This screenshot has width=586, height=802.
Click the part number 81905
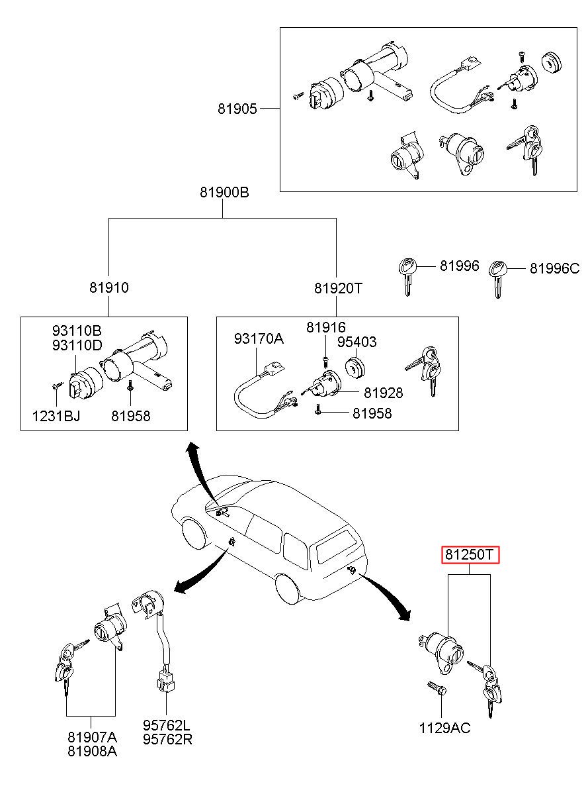pos(237,109)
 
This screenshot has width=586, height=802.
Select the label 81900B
pos(224,193)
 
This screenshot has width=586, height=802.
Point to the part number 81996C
pos(554,268)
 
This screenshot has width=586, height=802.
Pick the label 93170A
pos(258,339)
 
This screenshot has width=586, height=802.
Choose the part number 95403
pos(357,342)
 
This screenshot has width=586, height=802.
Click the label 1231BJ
pos(56,416)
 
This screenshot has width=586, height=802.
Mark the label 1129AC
pos(444,728)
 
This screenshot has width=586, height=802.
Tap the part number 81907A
pos(92,737)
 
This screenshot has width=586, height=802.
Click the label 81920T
pos(339,288)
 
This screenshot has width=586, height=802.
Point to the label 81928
pos(383,393)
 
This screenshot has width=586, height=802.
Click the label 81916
pos(325,327)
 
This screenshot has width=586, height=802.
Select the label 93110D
pos(78,344)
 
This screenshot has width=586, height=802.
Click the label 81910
pos(109,288)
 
